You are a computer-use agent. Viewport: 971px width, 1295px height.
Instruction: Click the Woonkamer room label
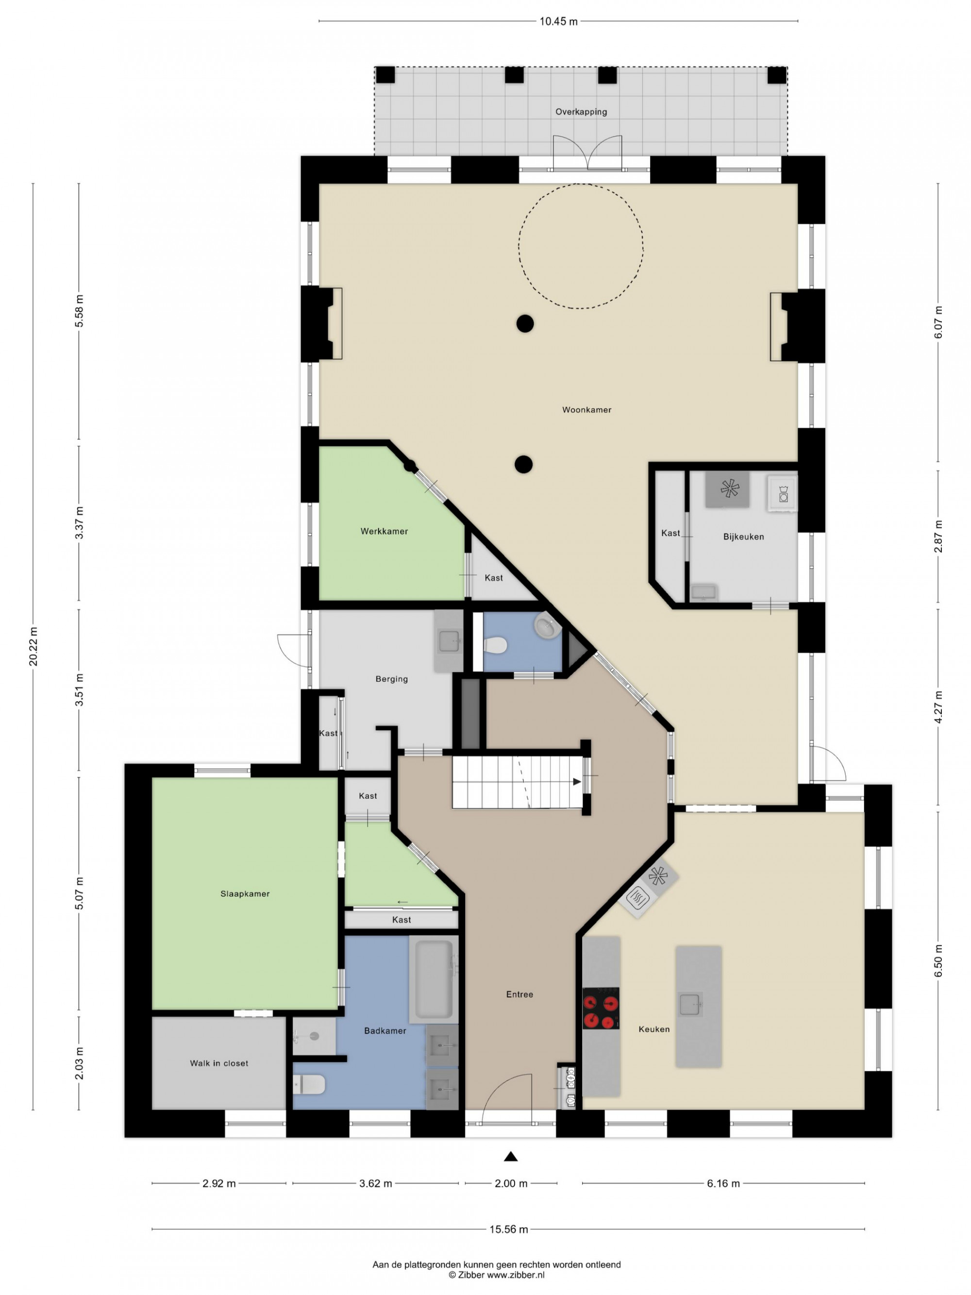[x=586, y=410]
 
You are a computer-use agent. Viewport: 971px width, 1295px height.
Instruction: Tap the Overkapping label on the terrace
[x=581, y=112]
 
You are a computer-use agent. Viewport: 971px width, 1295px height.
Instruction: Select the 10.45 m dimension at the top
[x=558, y=22]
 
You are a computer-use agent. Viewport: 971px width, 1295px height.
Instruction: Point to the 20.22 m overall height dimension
[x=33, y=646]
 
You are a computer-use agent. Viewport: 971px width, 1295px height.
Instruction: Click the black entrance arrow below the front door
[x=510, y=1156]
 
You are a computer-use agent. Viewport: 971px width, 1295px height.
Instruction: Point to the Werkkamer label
[x=384, y=532]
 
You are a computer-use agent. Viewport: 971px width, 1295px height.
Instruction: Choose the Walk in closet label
[x=219, y=1063]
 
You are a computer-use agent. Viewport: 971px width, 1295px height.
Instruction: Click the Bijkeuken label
[x=743, y=537]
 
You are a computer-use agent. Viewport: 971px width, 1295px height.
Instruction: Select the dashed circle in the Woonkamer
[x=581, y=185]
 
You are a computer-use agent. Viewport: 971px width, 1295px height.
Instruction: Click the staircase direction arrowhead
[x=577, y=782]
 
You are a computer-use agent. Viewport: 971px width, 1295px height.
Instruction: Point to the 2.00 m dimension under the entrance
[x=511, y=1184]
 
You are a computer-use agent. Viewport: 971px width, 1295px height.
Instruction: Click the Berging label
[x=392, y=679]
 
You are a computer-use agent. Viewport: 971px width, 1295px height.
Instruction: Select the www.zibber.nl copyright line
[x=496, y=1275]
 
